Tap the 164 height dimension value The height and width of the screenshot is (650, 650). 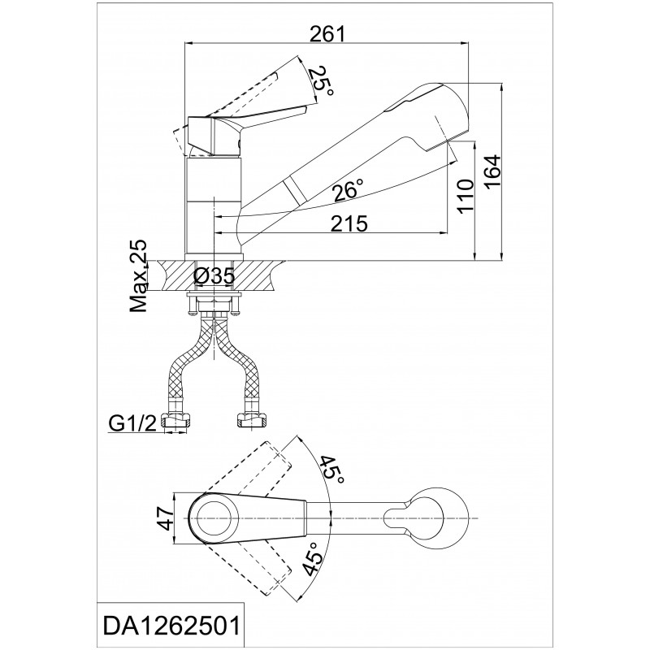[492, 173]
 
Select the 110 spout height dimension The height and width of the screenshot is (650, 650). [466, 196]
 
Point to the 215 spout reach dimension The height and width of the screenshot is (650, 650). [349, 224]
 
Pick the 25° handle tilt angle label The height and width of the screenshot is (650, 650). [323, 82]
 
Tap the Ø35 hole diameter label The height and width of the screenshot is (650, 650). [214, 276]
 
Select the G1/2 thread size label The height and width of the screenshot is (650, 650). [132, 423]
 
